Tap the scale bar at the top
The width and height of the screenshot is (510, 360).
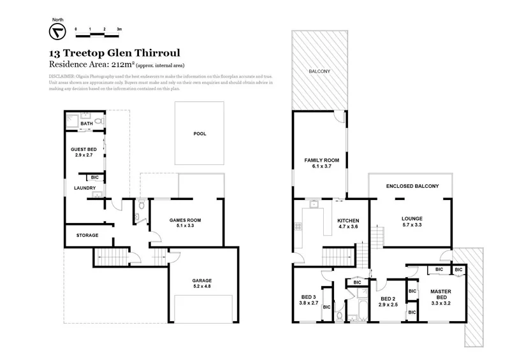click(x=98, y=30)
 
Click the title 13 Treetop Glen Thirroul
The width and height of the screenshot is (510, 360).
click(x=100, y=54)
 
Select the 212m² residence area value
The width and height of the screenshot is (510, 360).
click(x=114, y=64)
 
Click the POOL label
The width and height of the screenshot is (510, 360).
click(x=200, y=134)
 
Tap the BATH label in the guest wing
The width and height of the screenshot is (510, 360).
click(x=77, y=124)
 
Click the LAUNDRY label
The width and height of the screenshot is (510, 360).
click(x=84, y=188)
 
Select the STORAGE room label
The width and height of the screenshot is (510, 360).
click(x=87, y=235)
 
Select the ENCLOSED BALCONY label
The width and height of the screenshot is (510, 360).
click(x=412, y=186)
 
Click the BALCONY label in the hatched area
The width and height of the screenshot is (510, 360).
click(x=319, y=71)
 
